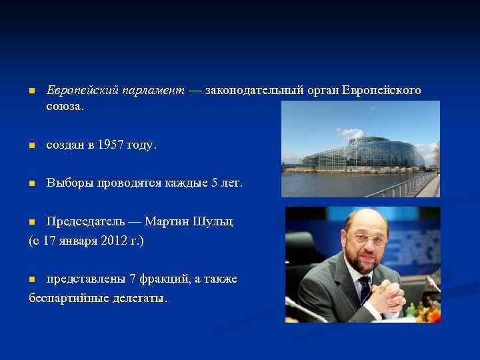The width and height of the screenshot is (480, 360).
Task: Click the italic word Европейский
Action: (x=82, y=90)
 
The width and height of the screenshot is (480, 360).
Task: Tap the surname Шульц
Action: (x=215, y=221)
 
